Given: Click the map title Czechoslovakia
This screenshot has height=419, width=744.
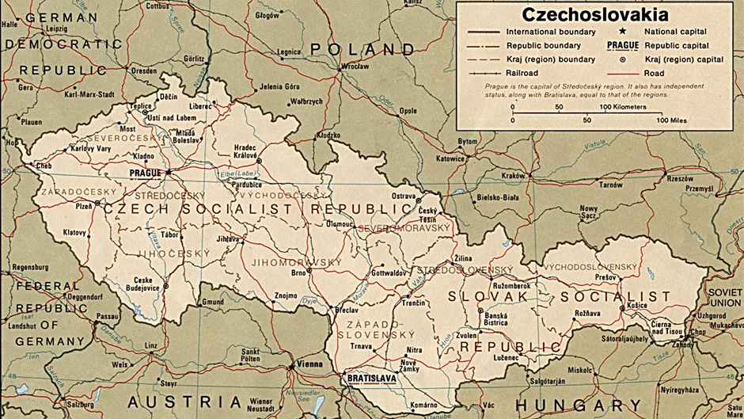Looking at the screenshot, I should pos(594,14).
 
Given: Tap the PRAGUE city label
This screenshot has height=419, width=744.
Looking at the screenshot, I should pos(144,172).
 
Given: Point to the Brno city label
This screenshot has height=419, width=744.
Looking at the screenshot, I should pos(298,272).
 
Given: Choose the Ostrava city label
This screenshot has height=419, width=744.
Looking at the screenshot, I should pos(404,196).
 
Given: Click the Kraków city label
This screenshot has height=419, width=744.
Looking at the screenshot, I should pos(513,175).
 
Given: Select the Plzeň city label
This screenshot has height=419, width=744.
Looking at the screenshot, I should pos(84,205).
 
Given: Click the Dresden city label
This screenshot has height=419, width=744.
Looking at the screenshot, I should pos(144,70).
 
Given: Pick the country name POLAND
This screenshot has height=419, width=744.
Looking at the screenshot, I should pos(362,49).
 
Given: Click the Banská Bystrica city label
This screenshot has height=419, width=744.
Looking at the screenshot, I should pos(495,318).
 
